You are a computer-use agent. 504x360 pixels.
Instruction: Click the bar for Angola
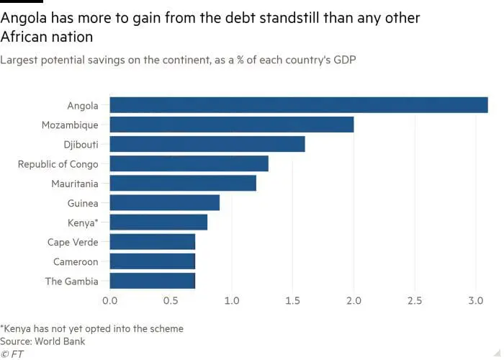(298, 105)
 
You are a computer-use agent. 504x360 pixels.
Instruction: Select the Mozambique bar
(231, 125)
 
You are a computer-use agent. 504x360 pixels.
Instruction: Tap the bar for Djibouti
(207, 144)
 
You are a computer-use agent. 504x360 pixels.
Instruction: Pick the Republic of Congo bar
(189, 163)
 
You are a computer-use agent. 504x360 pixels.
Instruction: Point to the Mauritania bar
(183, 183)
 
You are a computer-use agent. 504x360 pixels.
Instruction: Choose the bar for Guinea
(164, 203)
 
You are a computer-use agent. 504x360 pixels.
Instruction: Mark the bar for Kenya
(158, 222)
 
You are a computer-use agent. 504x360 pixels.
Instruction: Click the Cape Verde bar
(152, 242)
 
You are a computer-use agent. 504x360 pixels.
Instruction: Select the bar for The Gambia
(152, 281)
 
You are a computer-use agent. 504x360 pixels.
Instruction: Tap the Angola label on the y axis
(83, 106)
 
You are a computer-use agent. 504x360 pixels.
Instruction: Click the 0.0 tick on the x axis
(109, 300)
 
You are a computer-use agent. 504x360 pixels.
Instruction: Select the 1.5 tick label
(292, 300)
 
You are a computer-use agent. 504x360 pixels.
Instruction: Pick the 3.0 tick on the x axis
(474, 300)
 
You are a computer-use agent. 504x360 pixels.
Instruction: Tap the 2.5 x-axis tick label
(414, 300)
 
